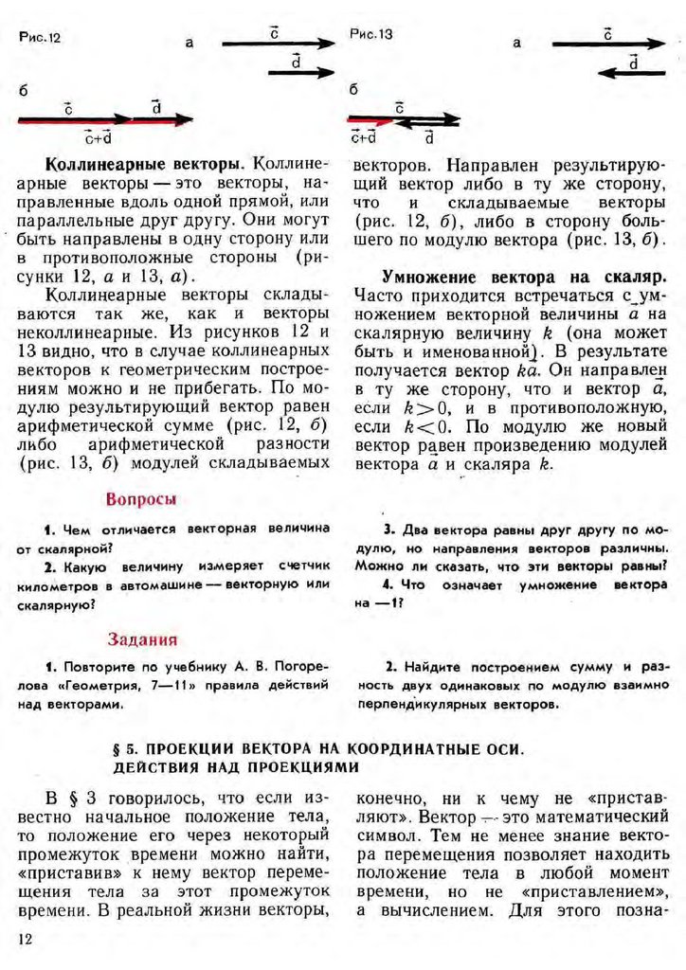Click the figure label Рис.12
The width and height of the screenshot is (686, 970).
pos(38,39)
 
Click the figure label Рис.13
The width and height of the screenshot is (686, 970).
pos(370,35)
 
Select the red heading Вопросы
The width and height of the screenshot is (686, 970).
pos(142,499)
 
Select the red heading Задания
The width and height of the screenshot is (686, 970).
pos(141,639)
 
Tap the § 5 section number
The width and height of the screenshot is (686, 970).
pos(123,748)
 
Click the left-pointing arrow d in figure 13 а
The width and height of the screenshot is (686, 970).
pos(632,73)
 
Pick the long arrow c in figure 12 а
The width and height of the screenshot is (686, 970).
pos(279,44)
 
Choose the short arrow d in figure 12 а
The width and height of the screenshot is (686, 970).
pos(301,72)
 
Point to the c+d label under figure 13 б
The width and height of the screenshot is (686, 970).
pos(363,136)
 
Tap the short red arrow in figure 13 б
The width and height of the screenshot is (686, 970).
pos(370,120)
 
